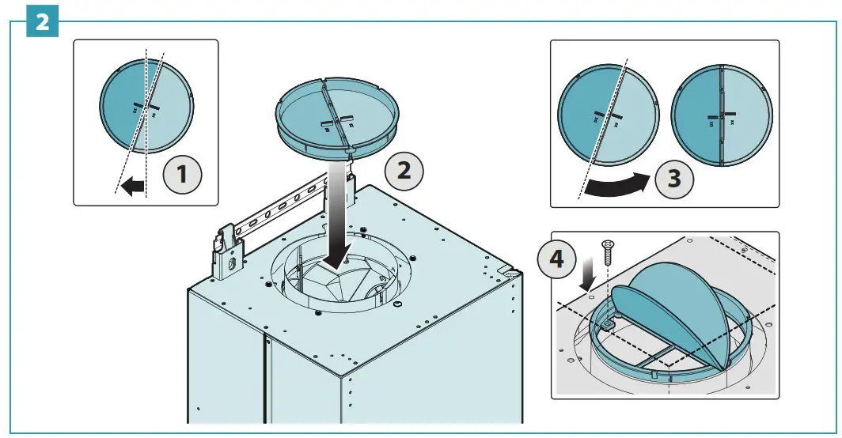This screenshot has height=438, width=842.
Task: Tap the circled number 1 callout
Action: pos(182,173)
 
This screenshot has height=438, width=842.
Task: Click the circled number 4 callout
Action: pos(559,260)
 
